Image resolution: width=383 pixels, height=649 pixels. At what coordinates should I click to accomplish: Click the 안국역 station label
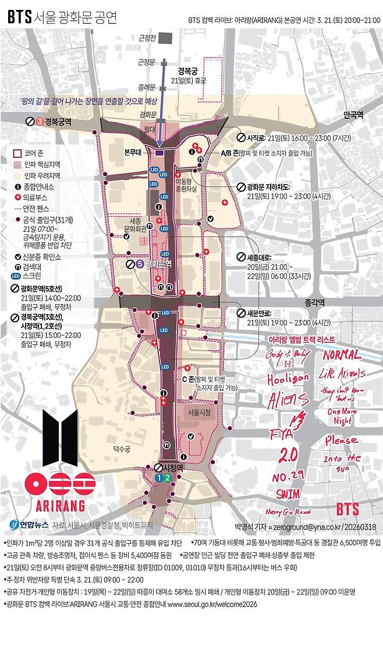click(353, 115)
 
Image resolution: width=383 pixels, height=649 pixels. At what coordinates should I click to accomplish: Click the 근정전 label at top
click(147, 38)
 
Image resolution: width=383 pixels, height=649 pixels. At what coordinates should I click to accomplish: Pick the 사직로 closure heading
click(256, 137)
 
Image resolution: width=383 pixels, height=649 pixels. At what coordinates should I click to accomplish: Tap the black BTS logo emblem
click(59, 433)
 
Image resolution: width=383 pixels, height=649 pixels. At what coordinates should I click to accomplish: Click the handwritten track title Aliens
click(288, 399)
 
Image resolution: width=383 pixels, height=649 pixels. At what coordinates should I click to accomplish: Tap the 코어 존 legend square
click(18, 154)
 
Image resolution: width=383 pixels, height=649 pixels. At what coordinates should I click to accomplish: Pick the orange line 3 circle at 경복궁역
click(39, 122)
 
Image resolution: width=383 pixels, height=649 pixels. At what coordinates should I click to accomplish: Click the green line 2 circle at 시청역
click(168, 478)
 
